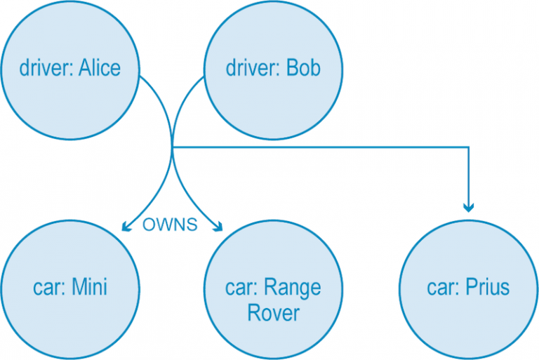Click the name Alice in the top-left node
[100, 68]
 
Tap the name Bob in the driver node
[303, 68]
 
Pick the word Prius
[488, 287]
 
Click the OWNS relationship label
[170, 225]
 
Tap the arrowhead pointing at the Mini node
[126, 226]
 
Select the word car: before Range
[244, 287]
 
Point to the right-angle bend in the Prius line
[469, 147]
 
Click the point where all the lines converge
[173, 147]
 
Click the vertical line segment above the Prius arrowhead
[469, 175]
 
